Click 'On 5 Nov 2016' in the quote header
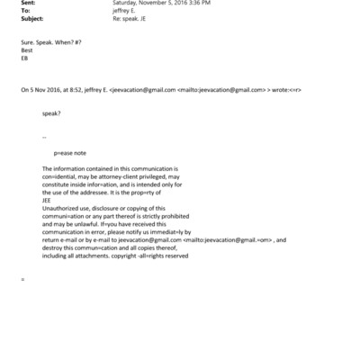click(41, 91)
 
